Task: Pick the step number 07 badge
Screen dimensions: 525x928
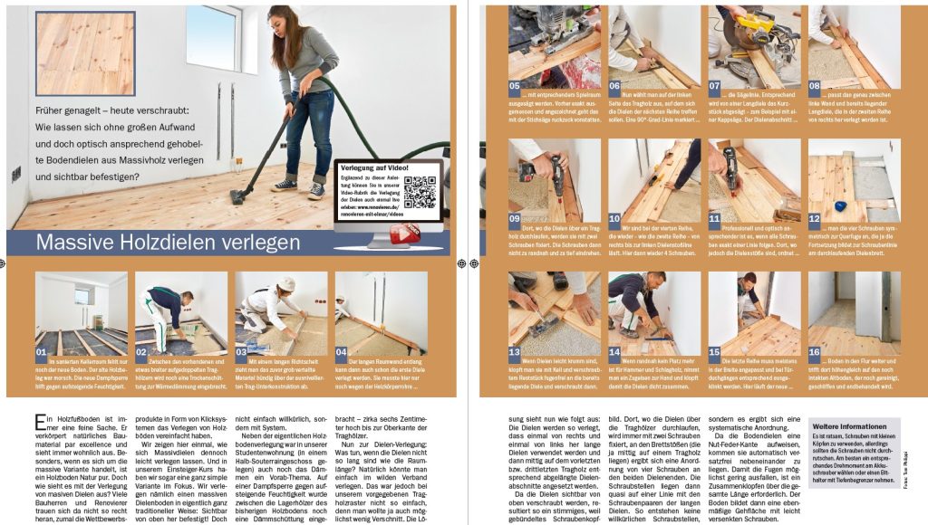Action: pyautogui.click(x=715, y=86)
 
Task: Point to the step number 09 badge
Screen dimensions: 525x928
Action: pyautogui.click(x=515, y=218)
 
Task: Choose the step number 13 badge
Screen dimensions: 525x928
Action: pyautogui.click(x=515, y=351)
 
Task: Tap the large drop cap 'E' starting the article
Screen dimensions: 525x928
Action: pyautogui.click(x=41, y=422)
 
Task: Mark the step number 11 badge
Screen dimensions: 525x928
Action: pyautogui.click(x=715, y=218)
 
